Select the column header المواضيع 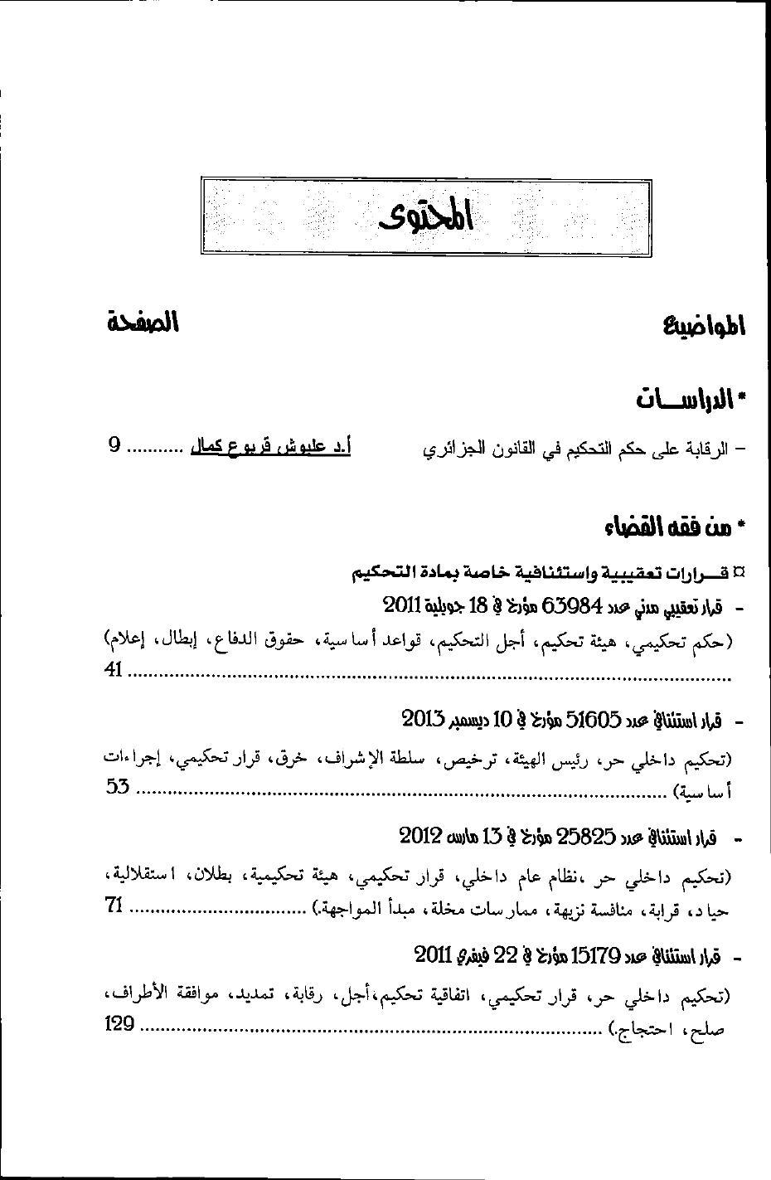coord(704,326)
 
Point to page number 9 coord(114,445)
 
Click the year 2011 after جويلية coord(403,605)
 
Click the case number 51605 coord(593,719)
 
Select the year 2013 coord(424,717)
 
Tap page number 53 coord(118,785)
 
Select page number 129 coord(119,1024)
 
